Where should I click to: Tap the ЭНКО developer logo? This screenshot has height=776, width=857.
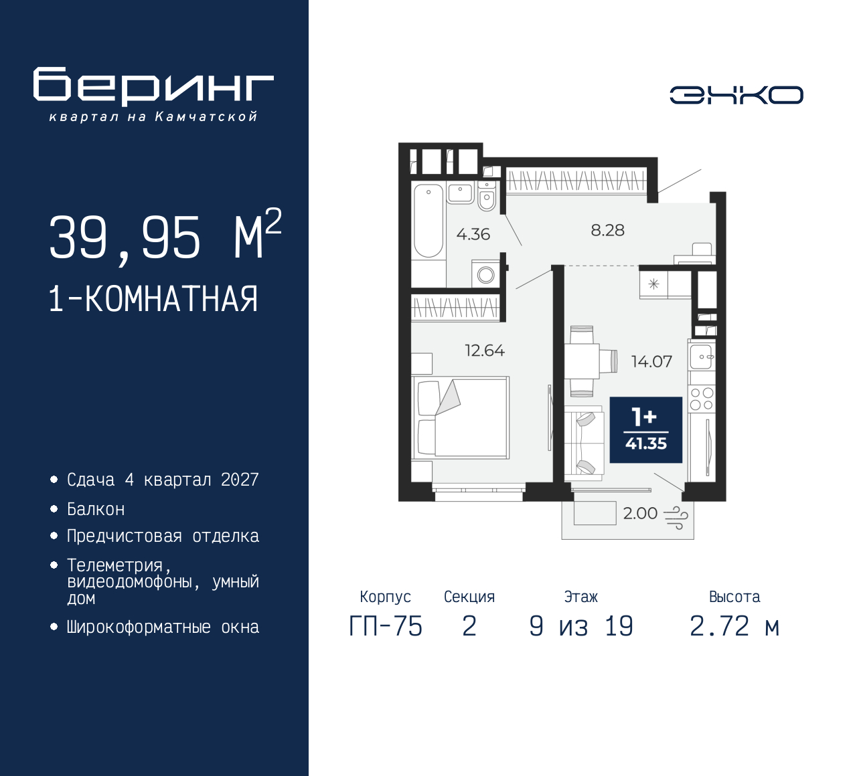[x=736, y=95]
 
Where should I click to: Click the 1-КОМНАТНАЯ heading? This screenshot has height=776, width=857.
[x=153, y=299]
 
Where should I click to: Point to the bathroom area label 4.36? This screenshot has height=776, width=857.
[x=473, y=234]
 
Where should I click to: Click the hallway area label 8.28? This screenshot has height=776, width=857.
[x=607, y=230]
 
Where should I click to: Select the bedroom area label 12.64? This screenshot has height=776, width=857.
[x=485, y=351]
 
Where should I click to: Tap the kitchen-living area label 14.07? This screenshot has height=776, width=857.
[x=651, y=362]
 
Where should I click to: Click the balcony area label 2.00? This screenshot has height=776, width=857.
[x=640, y=513]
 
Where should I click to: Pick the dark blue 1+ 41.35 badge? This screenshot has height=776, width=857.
[x=645, y=430]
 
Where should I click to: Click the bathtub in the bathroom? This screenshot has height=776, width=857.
[x=428, y=221]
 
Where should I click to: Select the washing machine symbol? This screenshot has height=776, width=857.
[x=486, y=274]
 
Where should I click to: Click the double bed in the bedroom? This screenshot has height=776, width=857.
[x=462, y=417]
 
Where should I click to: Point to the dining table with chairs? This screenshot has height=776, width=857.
[x=582, y=361]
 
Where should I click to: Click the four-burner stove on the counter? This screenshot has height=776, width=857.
[x=702, y=399]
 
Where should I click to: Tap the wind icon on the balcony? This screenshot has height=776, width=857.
[x=676, y=517]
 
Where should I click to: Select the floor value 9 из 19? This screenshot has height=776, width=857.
[x=580, y=626]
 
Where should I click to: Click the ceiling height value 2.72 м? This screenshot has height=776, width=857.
[x=734, y=626]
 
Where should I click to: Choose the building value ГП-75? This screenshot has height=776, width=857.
[x=386, y=626]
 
